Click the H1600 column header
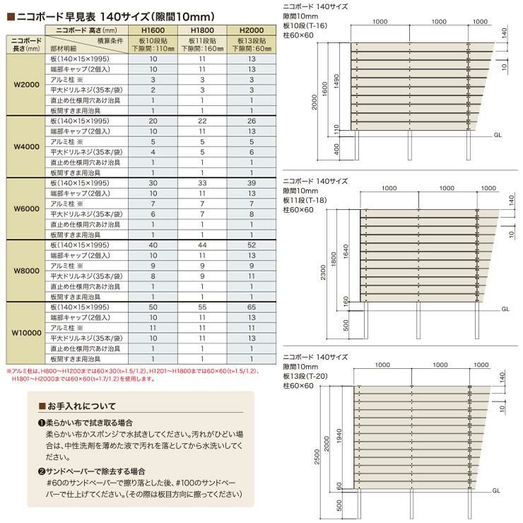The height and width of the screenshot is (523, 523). tap(153, 30)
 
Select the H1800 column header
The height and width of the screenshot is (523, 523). tap(202, 30)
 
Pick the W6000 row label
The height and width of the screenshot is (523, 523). tap(26, 209)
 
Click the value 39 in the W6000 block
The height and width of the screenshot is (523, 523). tap(252, 183)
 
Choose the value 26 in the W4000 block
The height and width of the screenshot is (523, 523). tap(252, 122)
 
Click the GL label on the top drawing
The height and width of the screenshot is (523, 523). tap(498, 134)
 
